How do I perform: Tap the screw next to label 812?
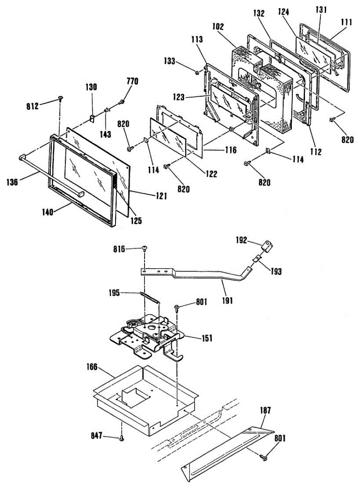coord(60,98)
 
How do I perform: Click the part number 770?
coord(132,81)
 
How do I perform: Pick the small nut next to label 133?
coord(197,73)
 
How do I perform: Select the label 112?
coord(315,153)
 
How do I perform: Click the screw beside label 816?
coord(144,249)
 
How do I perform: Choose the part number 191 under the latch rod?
coord(228,301)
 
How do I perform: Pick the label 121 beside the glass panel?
coord(160,196)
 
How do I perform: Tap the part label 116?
coord(230,150)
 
